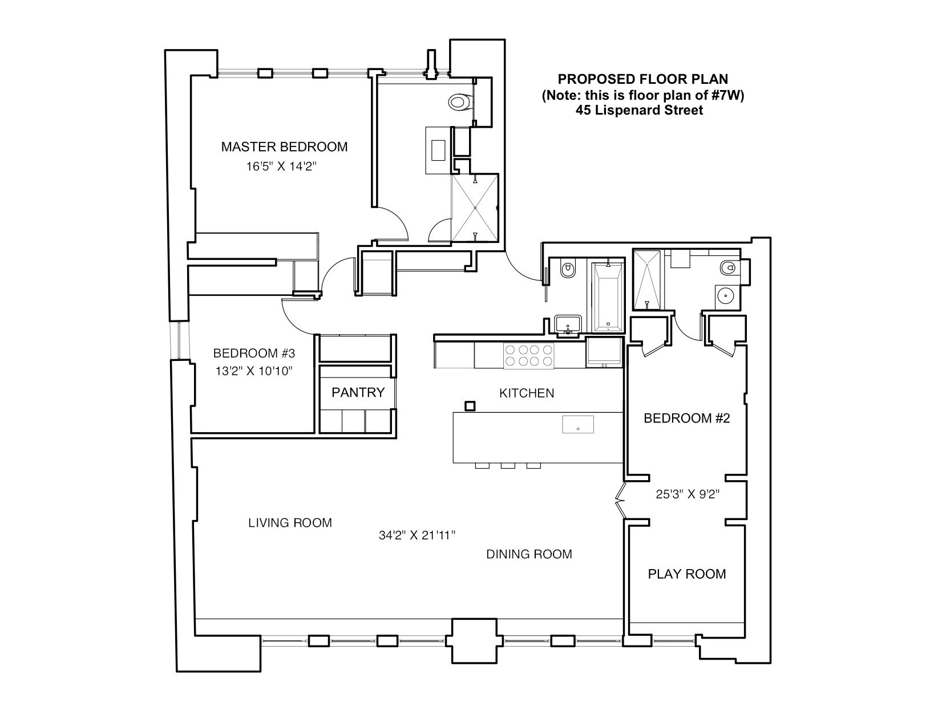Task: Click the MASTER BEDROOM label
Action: pyautogui.click(x=284, y=147)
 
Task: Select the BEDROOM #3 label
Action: pyautogui.click(x=254, y=353)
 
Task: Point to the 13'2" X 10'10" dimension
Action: pyautogui.click(x=254, y=371)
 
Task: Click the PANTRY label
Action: pyautogui.click(x=358, y=393)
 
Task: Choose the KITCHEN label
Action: pyautogui.click(x=527, y=393)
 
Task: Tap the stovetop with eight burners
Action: pyautogui.click(x=528, y=355)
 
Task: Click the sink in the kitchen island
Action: pyautogui.click(x=578, y=425)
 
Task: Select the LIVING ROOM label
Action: pyautogui.click(x=290, y=523)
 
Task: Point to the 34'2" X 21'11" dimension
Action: pyautogui.click(x=417, y=536)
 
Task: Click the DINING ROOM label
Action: pyautogui.click(x=529, y=554)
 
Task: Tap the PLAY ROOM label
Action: pyautogui.click(x=687, y=574)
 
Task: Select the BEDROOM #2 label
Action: pyautogui.click(x=687, y=419)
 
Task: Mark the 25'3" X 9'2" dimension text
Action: pyautogui.click(x=687, y=494)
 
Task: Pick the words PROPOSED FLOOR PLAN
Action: pyautogui.click(x=642, y=79)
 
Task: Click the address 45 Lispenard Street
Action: pyautogui.click(x=639, y=111)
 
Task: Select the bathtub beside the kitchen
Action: pyautogui.click(x=608, y=298)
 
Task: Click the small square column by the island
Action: pyautogui.click(x=470, y=406)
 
